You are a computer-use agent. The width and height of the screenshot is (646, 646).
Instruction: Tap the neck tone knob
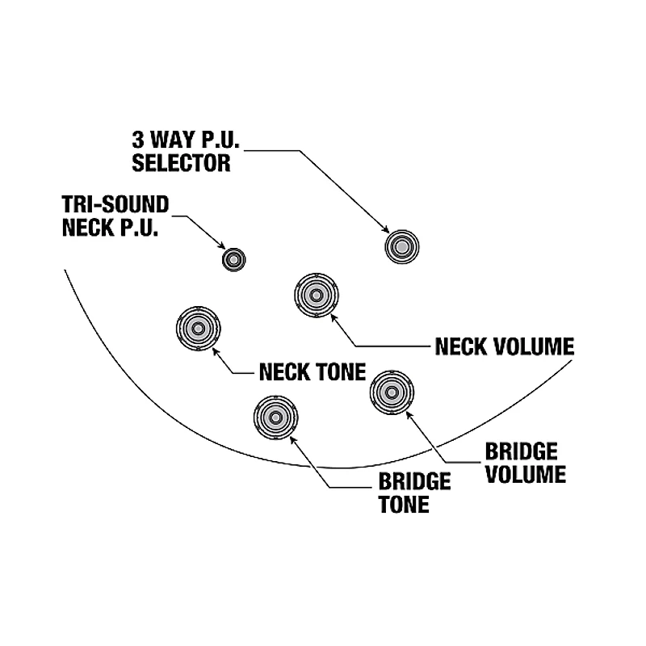click(197, 328)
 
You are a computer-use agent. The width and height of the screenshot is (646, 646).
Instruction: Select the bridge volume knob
click(393, 392)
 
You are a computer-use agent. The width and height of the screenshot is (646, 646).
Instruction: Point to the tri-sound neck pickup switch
click(233, 259)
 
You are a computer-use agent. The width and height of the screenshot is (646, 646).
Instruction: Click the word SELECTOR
click(182, 163)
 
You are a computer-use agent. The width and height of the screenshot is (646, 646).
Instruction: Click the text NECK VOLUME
click(504, 346)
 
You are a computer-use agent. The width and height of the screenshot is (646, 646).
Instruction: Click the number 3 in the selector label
click(139, 137)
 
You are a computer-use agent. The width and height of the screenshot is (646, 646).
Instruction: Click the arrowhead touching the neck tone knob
click(215, 352)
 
